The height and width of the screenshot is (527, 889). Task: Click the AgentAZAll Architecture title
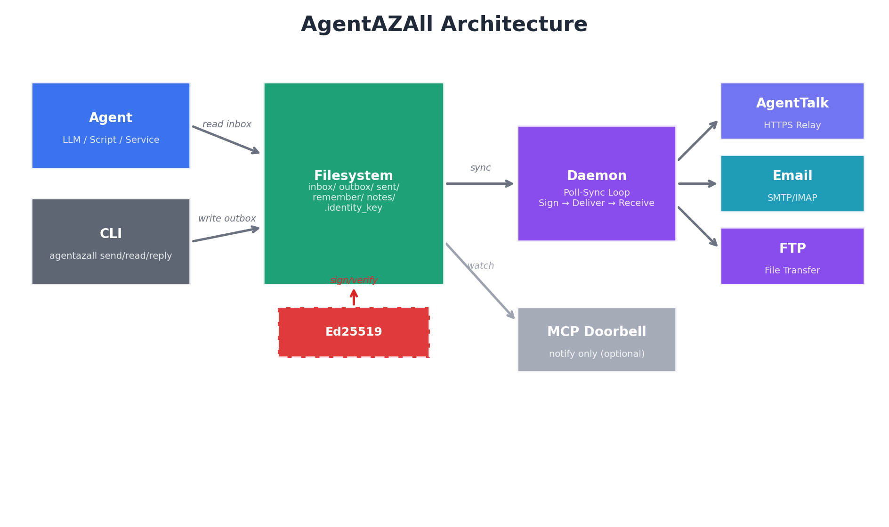pyautogui.click(x=444, y=25)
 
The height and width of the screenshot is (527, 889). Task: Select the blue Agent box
pyautogui.click(x=111, y=125)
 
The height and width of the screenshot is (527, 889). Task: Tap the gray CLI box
pyautogui.click(x=111, y=241)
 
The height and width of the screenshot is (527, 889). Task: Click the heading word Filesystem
pyautogui.click(x=353, y=176)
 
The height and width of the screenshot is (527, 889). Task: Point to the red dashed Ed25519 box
pyautogui.click(x=354, y=332)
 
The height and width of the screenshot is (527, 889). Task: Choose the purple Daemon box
pyautogui.click(x=597, y=183)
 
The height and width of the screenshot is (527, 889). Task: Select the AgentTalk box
pyautogui.click(x=792, y=111)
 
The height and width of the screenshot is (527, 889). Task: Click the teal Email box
pyautogui.click(x=792, y=183)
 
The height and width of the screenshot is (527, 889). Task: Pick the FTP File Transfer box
pyautogui.click(x=792, y=256)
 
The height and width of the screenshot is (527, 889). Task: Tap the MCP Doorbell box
pyautogui.click(x=597, y=339)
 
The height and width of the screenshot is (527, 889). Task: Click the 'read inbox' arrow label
pyautogui.click(x=227, y=124)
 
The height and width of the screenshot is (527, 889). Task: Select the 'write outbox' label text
pyautogui.click(x=227, y=219)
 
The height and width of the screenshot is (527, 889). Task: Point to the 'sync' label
pyautogui.click(x=480, y=168)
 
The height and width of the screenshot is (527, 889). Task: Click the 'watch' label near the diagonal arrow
pyautogui.click(x=480, y=266)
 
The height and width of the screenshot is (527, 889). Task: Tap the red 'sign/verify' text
pyautogui.click(x=354, y=280)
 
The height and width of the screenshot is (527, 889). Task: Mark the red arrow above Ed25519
pyautogui.click(x=354, y=297)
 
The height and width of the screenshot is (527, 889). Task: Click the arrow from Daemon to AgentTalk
pyautogui.click(x=698, y=141)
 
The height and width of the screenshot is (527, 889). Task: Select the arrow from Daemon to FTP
pyautogui.click(x=698, y=226)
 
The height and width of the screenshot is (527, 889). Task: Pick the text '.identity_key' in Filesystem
pyautogui.click(x=353, y=208)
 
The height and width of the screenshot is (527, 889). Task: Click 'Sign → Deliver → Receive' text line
pyautogui.click(x=597, y=203)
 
